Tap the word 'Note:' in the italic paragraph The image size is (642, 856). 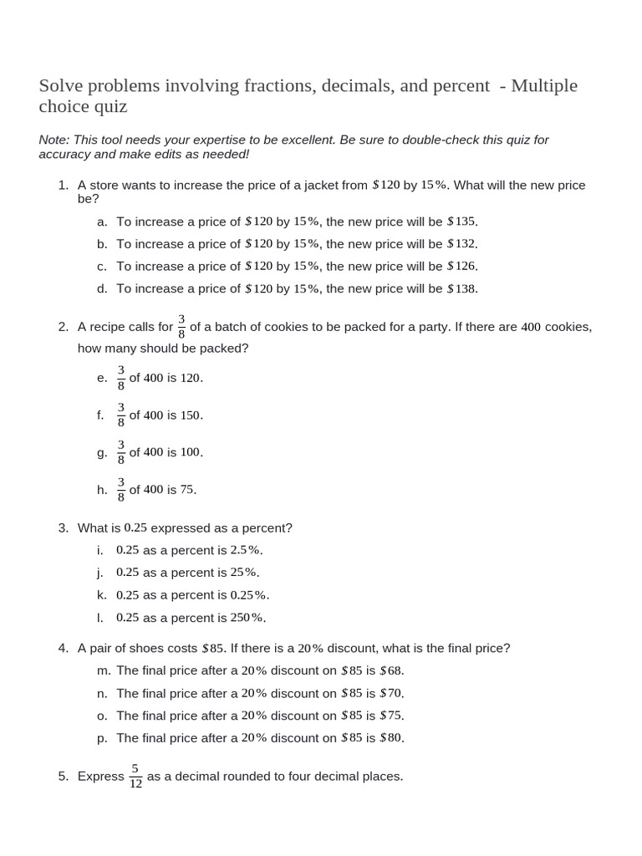click(55, 140)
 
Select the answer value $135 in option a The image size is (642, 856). click(461, 222)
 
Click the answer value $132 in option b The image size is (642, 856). click(461, 244)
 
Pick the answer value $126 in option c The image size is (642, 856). click(461, 266)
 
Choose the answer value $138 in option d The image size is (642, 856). click(461, 288)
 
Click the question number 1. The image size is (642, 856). click(63, 185)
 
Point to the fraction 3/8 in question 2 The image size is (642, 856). click(181, 327)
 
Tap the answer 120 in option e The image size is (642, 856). click(191, 378)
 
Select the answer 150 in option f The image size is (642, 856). click(191, 415)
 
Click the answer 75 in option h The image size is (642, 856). click(187, 490)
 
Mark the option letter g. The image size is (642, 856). click(102, 452)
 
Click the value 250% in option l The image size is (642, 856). click(247, 618)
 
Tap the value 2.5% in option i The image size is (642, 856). click(245, 550)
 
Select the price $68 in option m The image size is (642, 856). click(391, 670)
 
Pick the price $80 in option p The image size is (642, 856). click(391, 738)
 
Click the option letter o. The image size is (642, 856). click(102, 716)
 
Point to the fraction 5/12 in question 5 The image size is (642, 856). click(135, 777)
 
